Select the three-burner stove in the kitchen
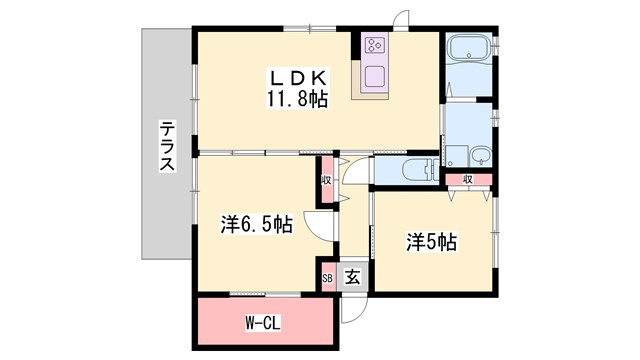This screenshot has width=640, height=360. coord(376,45)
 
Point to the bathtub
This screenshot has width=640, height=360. coord(470,51)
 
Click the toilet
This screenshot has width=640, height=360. coord(410,170)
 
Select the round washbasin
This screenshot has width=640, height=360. coord(481,154)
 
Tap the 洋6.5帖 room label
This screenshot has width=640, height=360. coord(256,225)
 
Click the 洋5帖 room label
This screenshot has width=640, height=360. coord(431,241)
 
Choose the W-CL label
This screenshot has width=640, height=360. coord(263,323)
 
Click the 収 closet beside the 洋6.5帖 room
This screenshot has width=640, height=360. coord(327,181)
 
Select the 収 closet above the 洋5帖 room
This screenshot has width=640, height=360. coord(468,180)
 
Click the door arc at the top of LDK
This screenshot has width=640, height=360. coord(402,21)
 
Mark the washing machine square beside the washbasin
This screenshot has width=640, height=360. coord(455,156)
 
